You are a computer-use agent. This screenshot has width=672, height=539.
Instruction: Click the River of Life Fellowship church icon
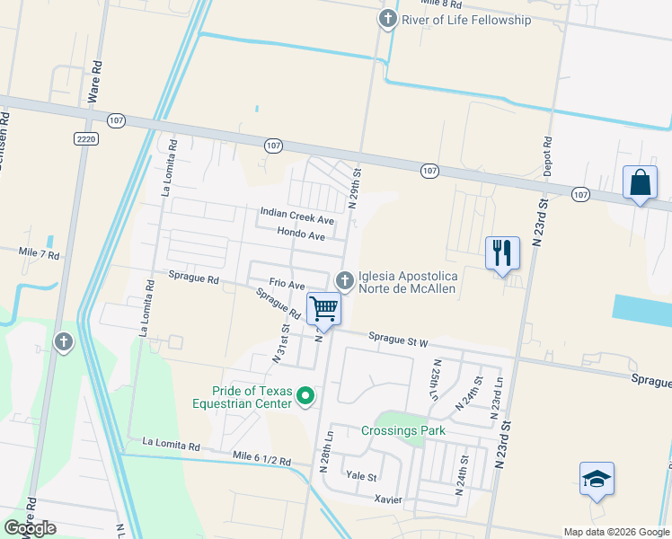(x=388, y=19)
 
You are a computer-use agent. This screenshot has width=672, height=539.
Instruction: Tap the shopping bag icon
(x=640, y=183)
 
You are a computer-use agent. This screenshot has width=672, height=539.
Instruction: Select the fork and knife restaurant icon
(x=502, y=252)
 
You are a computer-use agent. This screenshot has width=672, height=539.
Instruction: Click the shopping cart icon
(x=323, y=309)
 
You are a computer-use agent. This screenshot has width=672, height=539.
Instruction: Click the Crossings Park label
(x=403, y=430)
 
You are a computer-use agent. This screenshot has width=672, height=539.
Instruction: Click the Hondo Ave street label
(x=300, y=234)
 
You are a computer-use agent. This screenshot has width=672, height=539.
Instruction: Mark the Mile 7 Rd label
(x=39, y=255)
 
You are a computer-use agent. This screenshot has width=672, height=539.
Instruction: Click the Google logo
(x=31, y=527)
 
